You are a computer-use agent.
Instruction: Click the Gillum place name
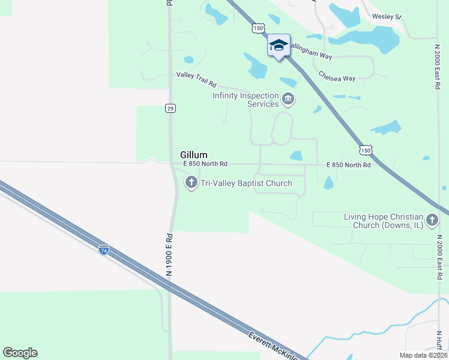coord(194,155)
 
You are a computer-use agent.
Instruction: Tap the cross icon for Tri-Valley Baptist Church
coord(191,182)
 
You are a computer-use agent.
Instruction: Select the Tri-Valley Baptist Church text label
coord(246,183)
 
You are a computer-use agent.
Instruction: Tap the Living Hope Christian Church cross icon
coord(432,221)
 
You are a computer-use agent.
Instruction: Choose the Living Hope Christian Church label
coord(383,221)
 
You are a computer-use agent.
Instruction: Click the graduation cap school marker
coord(279,46)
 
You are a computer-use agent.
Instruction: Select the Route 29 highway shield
coord(170,108)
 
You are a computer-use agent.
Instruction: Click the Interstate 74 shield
coord(104,248)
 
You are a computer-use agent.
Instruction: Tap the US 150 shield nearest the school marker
coord(258,28)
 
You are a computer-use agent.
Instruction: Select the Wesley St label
coord(386,16)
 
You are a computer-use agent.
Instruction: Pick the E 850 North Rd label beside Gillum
coord(205,164)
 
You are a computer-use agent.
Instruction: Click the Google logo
coord(20,353)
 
